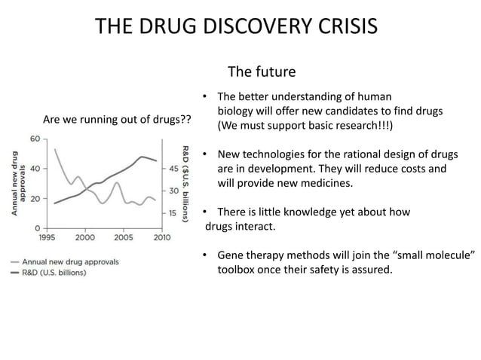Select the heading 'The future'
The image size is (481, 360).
coord(262,72)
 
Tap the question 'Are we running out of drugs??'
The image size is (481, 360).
coord(117,120)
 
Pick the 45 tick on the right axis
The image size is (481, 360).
coord(174,168)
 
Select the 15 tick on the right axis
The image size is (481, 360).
coord(174,213)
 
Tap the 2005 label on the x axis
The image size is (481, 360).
coord(122,238)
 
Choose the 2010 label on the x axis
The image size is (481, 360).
coord(161,238)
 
